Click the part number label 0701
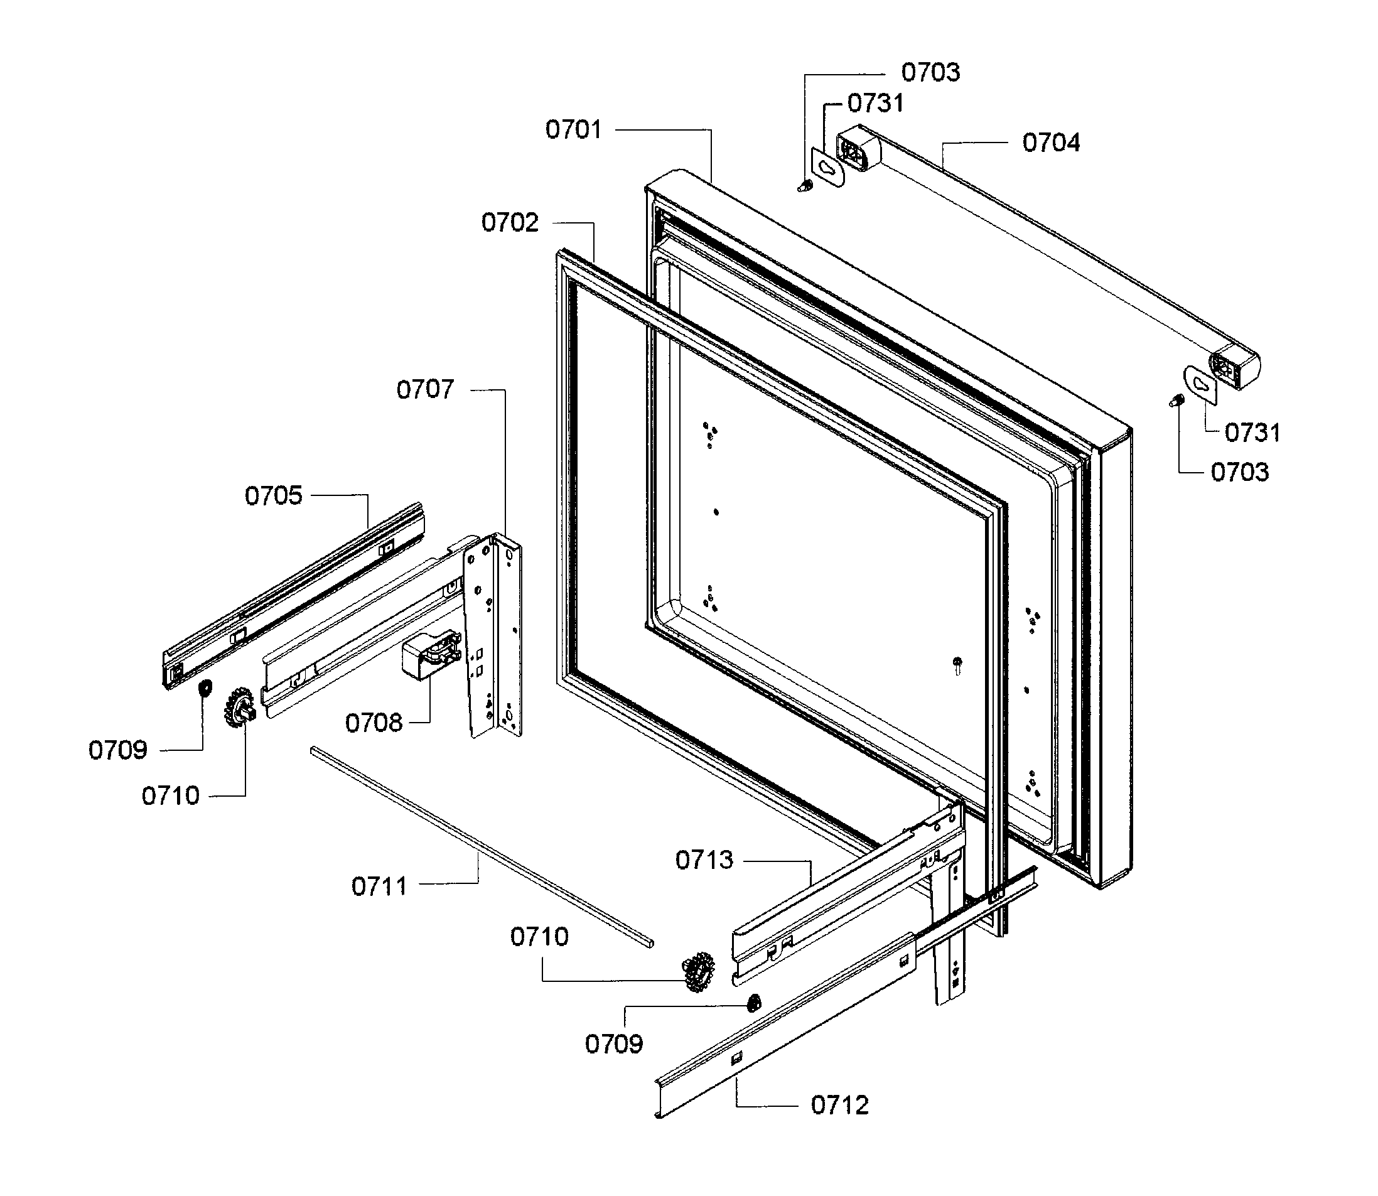(573, 129)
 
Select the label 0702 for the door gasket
(510, 222)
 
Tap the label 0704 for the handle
(1051, 143)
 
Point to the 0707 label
(425, 389)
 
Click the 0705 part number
(274, 496)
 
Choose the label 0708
(374, 723)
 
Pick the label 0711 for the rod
(379, 886)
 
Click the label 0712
(839, 1105)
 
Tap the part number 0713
(704, 860)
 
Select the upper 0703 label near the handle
(930, 72)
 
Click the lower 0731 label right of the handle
(1252, 433)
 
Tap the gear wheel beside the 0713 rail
(698, 967)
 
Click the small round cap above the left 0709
(205, 687)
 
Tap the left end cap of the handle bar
(858, 148)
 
